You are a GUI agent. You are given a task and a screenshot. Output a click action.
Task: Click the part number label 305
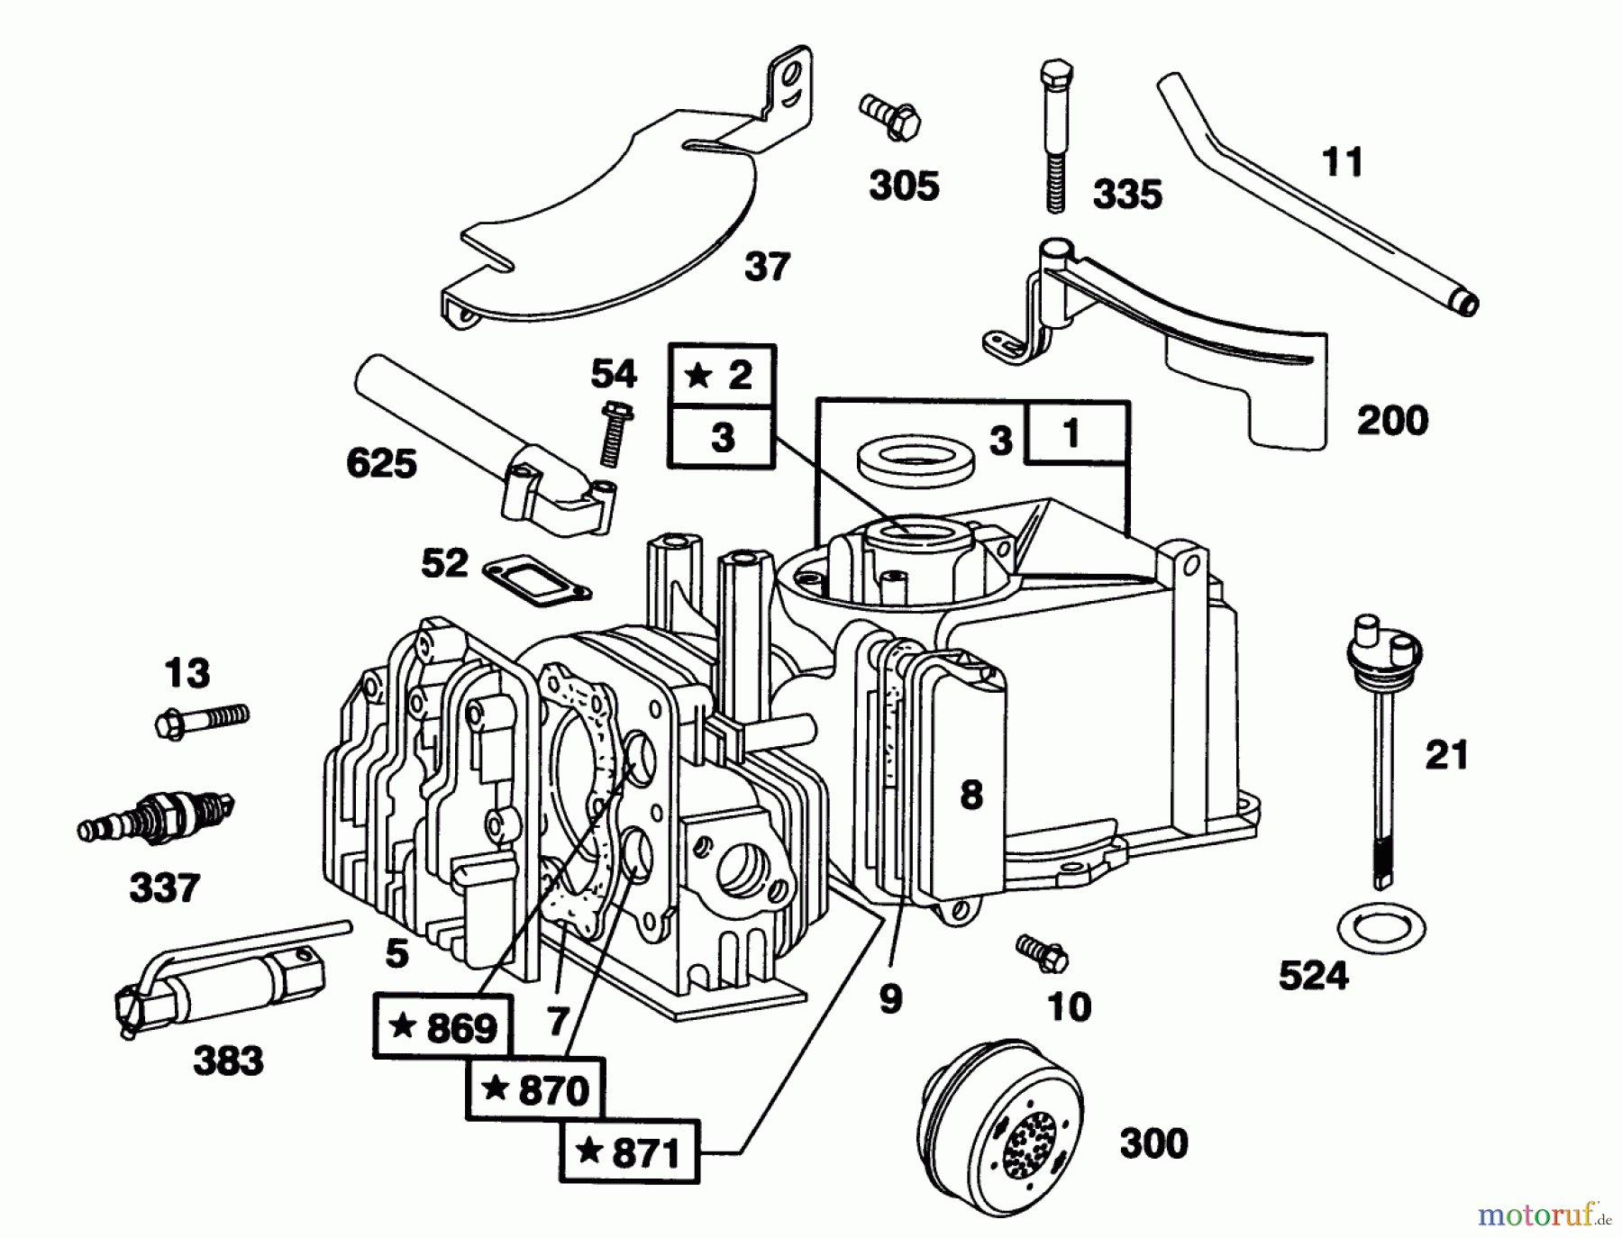(904, 186)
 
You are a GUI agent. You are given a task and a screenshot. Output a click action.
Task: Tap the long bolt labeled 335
(1055, 135)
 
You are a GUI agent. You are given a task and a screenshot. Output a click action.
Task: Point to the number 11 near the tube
(1342, 163)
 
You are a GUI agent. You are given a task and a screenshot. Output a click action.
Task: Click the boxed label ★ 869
(442, 1027)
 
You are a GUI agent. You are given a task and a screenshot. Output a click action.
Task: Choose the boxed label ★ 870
(535, 1090)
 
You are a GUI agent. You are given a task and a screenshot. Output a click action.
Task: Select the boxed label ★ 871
(630, 1152)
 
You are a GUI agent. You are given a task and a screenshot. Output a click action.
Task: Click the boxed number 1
(1071, 434)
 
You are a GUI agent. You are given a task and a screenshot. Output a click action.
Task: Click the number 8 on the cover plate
(970, 796)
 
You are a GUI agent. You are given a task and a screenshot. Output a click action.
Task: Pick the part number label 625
(381, 464)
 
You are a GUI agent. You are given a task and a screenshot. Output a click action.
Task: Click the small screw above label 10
(1043, 952)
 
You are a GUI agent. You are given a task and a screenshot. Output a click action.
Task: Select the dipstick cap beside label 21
(1381, 643)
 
